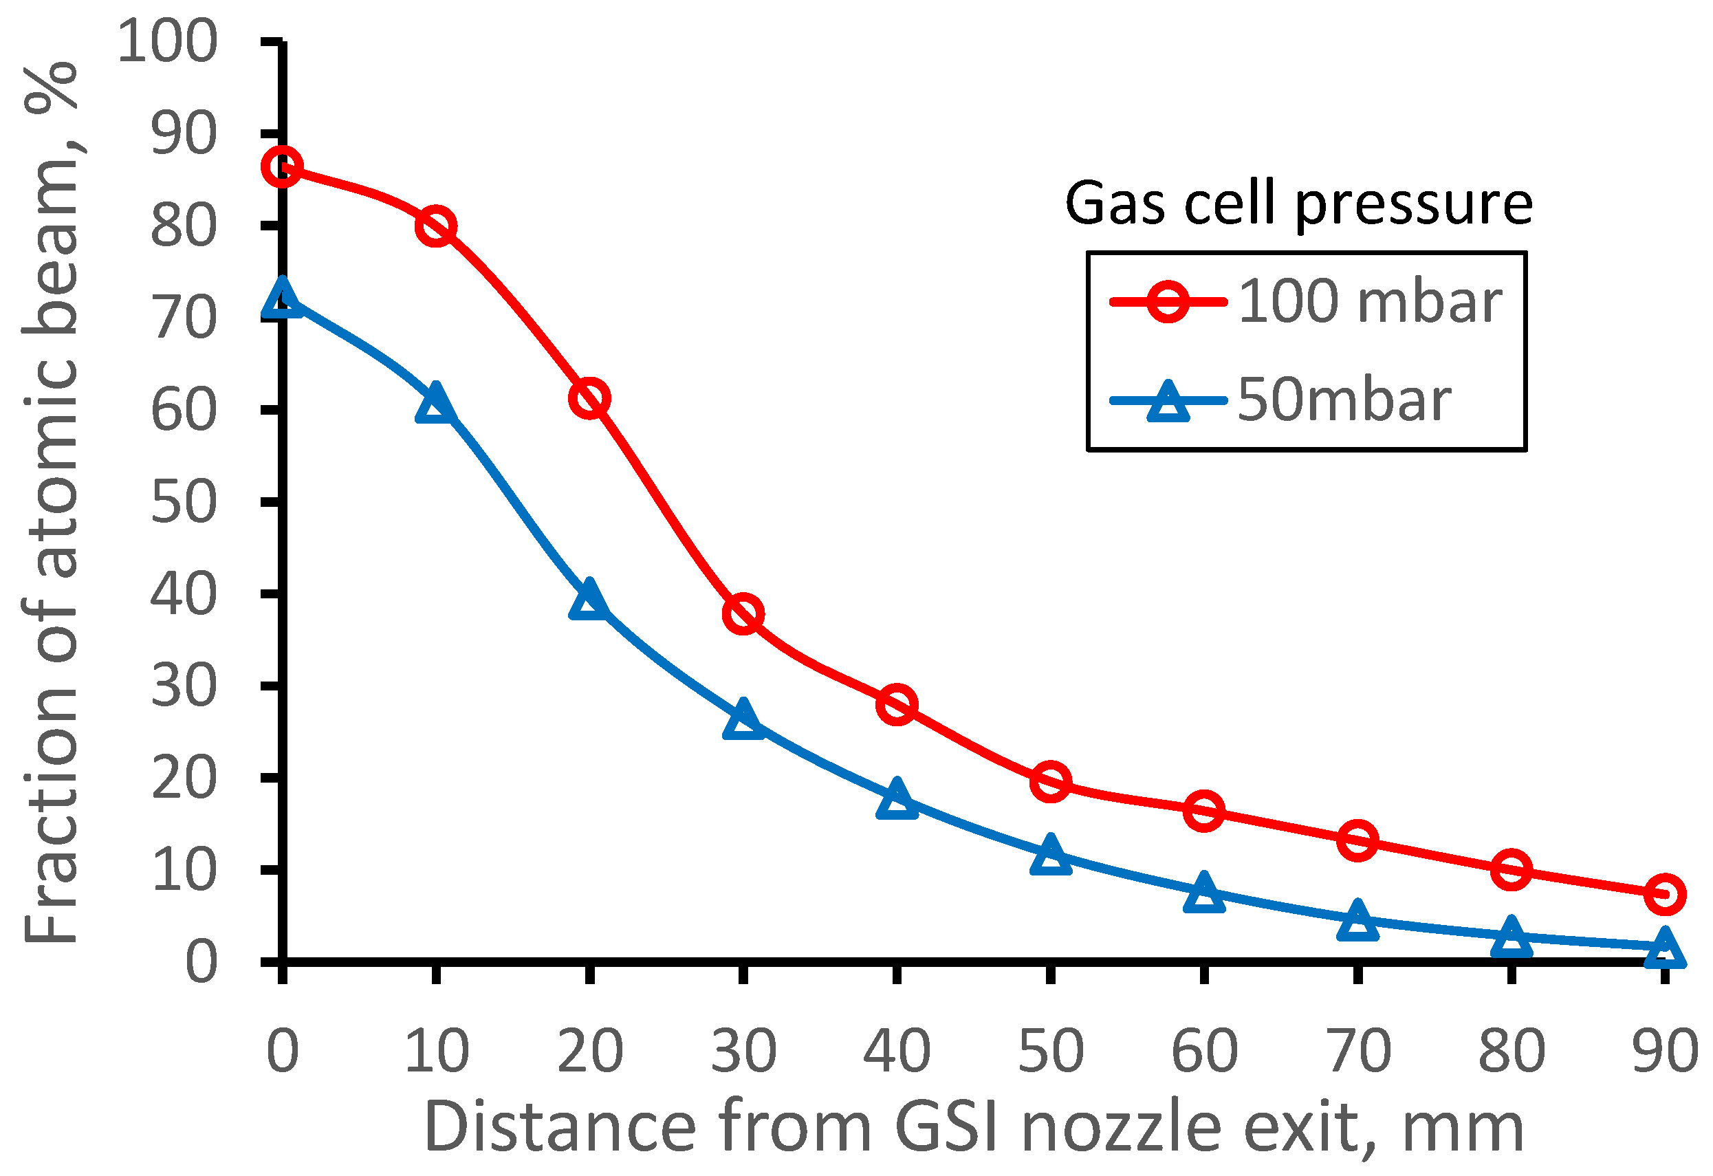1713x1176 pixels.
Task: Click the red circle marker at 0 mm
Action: (281, 166)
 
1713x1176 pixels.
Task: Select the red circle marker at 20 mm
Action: (589, 398)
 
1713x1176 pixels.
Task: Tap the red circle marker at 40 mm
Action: (896, 704)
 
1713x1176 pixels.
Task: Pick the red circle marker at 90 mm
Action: (1664, 894)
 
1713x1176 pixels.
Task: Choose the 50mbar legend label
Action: (1344, 400)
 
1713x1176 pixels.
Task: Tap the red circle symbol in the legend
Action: (1168, 301)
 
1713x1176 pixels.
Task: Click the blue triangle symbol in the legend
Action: (1168, 402)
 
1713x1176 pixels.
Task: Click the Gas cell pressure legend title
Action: (1299, 204)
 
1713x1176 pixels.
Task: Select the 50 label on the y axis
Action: (184, 503)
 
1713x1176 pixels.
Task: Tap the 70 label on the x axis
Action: (1357, 1052)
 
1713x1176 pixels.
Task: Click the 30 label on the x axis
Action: (743, 1052)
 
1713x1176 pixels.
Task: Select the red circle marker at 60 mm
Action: (1203, 811)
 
